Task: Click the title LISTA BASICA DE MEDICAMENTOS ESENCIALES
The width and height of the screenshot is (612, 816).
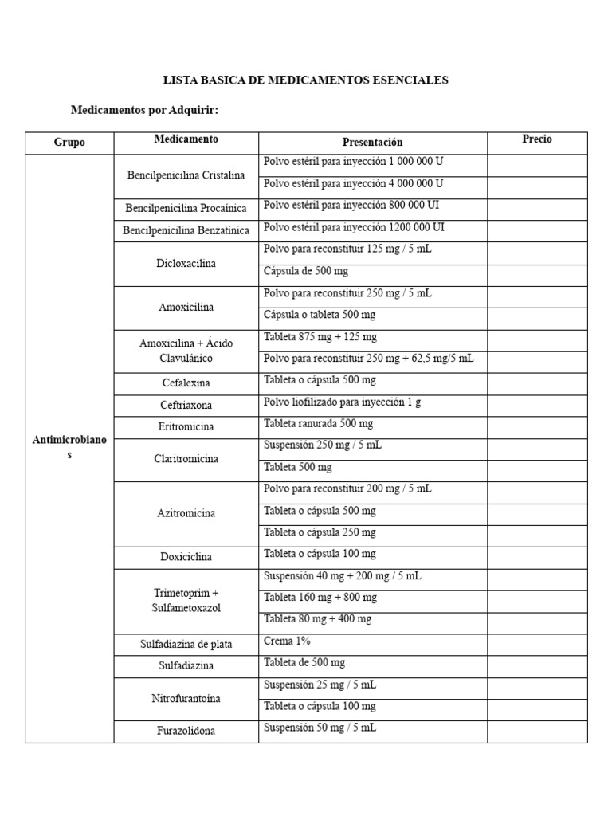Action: (x=305, y=80)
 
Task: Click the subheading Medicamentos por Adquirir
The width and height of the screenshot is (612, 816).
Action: (x=144, y=111)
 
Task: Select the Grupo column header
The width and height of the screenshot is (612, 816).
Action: (x=69, y=143)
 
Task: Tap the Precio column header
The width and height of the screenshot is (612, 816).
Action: (x=537, y=139)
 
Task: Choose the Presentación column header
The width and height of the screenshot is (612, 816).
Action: (x=372, y=143)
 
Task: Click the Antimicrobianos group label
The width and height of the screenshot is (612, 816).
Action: (x=69, y=447)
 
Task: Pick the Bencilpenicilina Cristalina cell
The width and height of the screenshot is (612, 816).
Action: (x=186, y=175)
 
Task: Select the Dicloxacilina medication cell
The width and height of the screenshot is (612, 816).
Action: (x=186, y=263)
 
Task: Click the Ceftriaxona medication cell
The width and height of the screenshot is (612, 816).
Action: (x=186, y=405)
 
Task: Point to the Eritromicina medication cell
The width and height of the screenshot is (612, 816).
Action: (x=186, y=426)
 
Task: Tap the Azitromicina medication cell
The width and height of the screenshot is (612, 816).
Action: (x=186, y=513)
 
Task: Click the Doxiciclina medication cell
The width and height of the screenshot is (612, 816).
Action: (x=186, y=557)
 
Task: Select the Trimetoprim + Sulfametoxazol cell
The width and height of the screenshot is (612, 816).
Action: (x=186, y=601)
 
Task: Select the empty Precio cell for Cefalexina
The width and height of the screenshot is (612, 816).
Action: (x=537, y=382)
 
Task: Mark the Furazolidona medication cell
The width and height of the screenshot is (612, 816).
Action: (x=186, y=731)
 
